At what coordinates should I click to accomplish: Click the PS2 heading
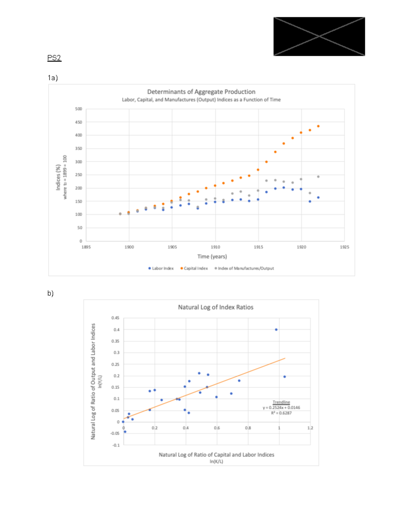(54, 58)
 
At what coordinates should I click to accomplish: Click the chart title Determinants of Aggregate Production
(201, 92)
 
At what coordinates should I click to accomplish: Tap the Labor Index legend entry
(161, 268)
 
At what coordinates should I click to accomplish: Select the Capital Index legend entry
(194, 268)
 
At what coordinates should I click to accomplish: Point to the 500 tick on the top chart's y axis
(79, 109)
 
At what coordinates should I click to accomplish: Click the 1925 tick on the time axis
(344, 247)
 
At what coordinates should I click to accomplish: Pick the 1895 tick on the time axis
(86, 247)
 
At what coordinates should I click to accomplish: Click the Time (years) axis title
(212, 256)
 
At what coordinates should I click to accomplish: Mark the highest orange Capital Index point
(318, 126)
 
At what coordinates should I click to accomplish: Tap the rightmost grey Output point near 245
(318, 176)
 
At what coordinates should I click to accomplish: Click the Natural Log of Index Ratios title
(216, 307)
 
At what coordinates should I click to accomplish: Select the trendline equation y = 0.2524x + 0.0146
(281, 408)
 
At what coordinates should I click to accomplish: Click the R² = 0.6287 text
(281, 413)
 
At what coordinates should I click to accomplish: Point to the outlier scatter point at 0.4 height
(276, 330)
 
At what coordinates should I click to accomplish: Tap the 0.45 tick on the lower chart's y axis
(115, 318)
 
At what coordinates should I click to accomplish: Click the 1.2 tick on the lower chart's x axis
(310, 428)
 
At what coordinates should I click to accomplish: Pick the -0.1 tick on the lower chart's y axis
(116, 445)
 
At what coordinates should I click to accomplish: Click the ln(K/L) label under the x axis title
(216, 461)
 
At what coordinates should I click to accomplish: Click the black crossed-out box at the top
(319, 36)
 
